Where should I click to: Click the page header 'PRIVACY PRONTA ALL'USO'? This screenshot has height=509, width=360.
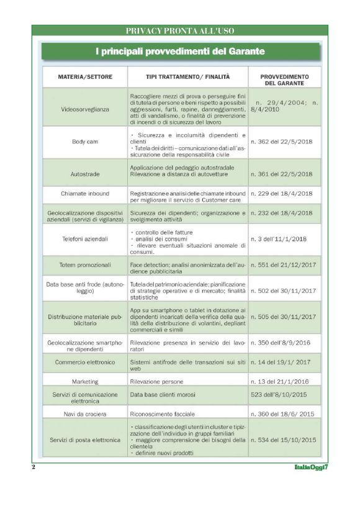pos(180,30)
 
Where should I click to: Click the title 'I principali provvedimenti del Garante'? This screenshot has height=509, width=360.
pos(180,52)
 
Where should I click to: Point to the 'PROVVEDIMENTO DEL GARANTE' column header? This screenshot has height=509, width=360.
pos(284,79)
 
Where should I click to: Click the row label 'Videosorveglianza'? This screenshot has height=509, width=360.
pos(85,109)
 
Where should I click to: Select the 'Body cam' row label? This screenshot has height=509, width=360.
pos(85,142)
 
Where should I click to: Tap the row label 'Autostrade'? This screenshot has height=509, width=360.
pos(85,173)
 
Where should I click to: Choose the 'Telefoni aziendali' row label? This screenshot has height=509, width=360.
pos(85,238)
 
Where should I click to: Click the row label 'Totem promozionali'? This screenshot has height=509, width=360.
pos(85,265)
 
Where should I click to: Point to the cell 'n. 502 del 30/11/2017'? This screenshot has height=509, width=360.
pos(283,291)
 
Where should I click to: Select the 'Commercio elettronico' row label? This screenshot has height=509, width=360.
pos(85,362)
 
